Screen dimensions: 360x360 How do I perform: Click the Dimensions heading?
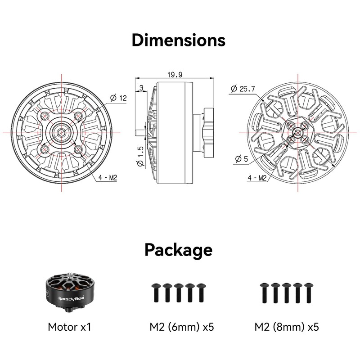point(178,40)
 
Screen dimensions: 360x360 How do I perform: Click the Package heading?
point(178,250)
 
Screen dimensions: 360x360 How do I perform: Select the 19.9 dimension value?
point(175,75)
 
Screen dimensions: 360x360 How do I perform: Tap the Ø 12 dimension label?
point(118,98)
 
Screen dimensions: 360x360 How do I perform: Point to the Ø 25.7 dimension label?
point(243,89)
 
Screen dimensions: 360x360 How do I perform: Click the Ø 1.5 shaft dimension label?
point(140,156)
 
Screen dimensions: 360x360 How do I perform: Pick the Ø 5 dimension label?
point(242,159)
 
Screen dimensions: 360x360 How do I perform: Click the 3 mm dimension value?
point(141,88)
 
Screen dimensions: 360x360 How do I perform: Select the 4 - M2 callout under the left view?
point(108,177)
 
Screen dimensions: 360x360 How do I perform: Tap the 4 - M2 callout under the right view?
point(257,178)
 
